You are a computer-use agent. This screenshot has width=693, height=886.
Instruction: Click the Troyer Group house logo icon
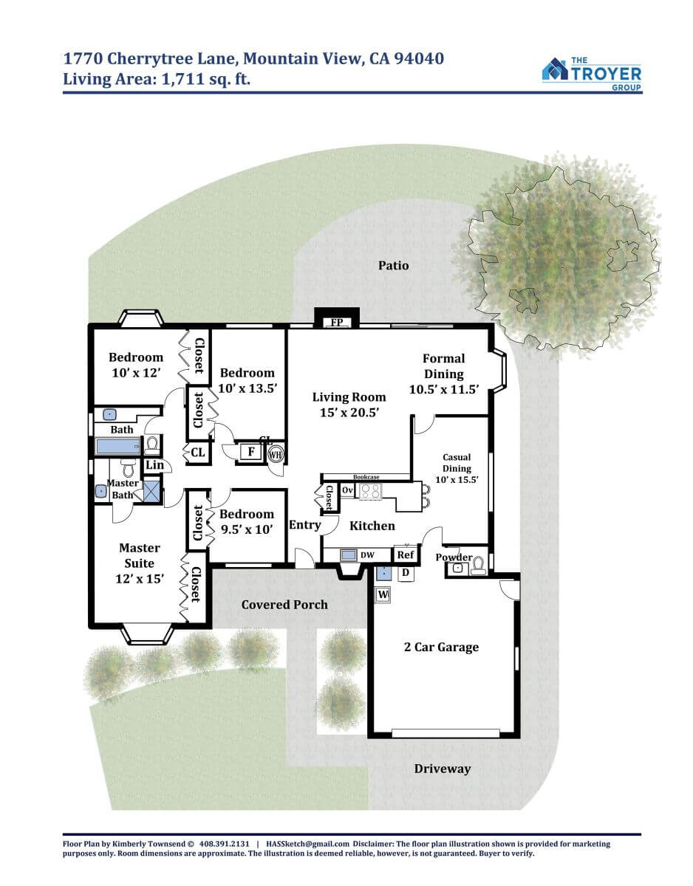555,69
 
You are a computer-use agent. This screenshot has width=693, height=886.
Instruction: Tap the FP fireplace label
336,322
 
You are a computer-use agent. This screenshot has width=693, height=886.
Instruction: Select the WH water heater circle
276,454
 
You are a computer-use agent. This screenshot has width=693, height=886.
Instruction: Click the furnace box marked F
251,451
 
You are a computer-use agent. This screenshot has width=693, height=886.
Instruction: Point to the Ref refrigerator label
406,554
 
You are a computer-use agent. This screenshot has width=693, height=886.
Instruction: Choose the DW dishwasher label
367,555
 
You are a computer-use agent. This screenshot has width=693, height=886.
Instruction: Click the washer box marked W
383,594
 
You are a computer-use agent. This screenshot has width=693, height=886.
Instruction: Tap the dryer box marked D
406,573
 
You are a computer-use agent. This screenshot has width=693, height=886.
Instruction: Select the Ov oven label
347,490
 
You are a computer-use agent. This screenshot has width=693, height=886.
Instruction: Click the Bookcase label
366,477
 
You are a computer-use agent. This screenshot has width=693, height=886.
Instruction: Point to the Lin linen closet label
154,465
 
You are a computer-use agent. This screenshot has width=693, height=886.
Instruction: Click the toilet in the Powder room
478,566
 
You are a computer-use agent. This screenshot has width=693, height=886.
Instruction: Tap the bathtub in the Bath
117,446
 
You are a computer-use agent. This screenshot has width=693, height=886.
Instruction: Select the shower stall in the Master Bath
151,491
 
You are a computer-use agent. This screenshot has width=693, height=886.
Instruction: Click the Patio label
393,266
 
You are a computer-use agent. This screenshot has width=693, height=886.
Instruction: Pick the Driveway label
442,769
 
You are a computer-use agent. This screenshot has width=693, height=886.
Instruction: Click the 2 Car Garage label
441,647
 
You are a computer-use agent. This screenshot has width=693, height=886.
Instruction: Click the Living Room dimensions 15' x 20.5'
349,413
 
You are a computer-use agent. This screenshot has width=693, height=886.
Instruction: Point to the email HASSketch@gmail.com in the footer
307,844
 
